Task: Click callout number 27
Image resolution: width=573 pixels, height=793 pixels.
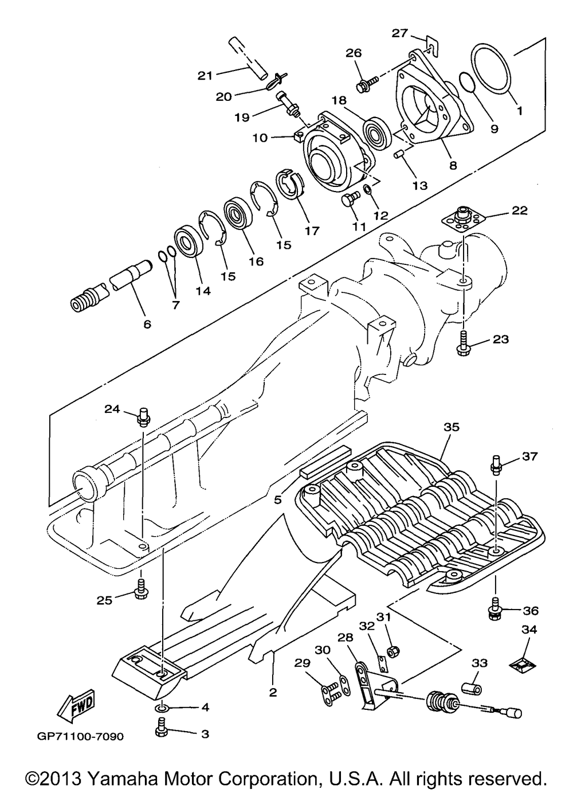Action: click(x=400, y=33)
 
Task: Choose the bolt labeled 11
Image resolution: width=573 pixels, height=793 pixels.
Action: click(x=350, y=199)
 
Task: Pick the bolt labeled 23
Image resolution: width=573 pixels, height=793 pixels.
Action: click(x=464, y=343)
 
